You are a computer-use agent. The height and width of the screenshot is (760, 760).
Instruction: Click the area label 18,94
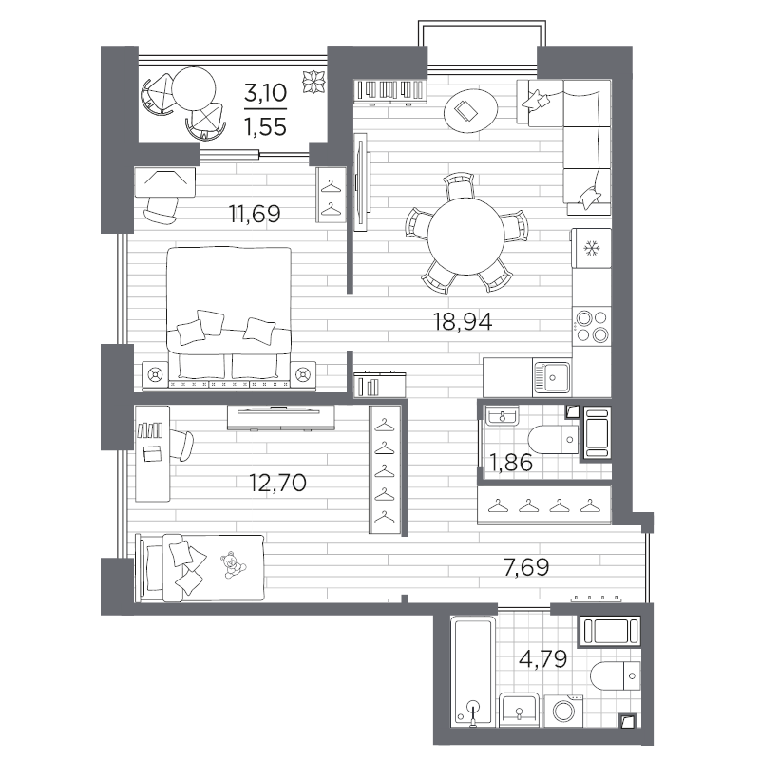pyautogui.click(x=463, y=321)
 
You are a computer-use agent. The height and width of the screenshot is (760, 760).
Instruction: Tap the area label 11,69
pyautogui.click(x=255, y=214)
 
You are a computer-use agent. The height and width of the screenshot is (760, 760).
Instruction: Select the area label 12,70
pyautogui.click(x=277, y=483)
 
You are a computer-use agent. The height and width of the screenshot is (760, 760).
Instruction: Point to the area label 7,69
pyautogui.click(x=526, y=567)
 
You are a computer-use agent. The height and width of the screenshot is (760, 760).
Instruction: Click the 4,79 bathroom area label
pyautogui.click(x=542, y=659)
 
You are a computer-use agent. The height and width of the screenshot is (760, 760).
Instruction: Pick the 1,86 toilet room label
pyautogui.click(x=511, y=463)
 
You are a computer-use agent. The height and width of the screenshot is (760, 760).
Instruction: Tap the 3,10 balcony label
pyautogui.click(x=265, y=92)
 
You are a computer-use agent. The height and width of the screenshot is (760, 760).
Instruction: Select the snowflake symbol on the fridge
pyautogui.click(x=591, y=249)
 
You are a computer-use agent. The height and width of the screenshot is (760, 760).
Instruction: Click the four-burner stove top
pyautogui.click(x=591, y=326)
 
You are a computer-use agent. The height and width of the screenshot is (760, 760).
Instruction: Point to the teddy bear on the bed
pyautogui.click(x=234, y=564)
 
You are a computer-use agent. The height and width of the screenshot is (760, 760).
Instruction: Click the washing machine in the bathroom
pyautogui.click(x=563, y=711)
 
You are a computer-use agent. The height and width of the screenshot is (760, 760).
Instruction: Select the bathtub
pyautogui.click(x=473, y=672)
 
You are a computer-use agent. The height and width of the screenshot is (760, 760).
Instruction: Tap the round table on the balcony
pyautogui.click(x=194, y=88)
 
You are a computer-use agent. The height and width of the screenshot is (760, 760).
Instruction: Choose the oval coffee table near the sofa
pyautogui.click(x=470, y=111)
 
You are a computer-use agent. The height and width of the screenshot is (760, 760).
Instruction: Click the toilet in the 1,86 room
pyautogui.click(x=553, y=440)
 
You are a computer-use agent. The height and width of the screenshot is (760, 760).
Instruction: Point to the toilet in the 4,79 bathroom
pyautogui.click(x=616, y=675)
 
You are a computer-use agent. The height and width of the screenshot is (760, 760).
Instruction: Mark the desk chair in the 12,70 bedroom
pyautogui.click(x=183, y=445)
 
